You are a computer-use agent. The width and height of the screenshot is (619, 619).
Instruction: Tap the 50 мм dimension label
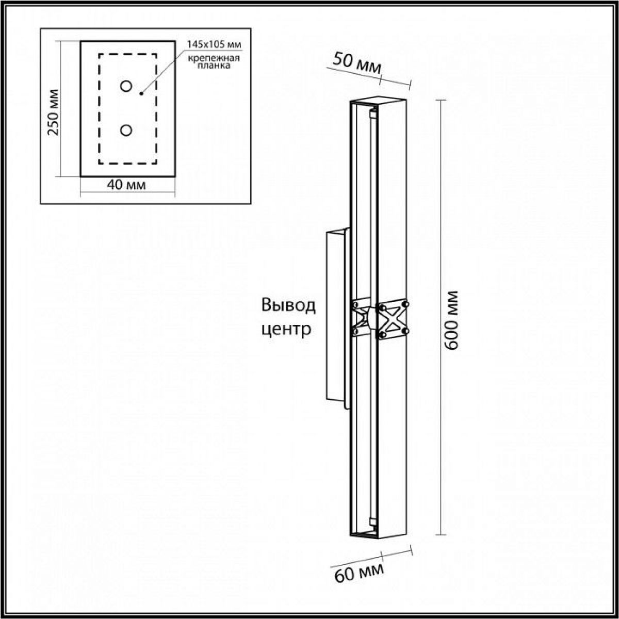click(356, 62)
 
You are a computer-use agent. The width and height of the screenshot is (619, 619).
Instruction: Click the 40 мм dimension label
click(126, 185)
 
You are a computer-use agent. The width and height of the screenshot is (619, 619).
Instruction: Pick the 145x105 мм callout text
click(214, 44)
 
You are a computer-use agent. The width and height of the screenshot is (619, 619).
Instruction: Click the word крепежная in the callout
click(214, 58)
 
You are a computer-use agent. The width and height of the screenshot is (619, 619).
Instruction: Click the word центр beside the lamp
click(286, 330)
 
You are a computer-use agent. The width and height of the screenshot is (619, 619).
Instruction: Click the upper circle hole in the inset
click(126, 86)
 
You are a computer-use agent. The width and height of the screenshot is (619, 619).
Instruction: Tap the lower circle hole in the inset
click(126, 131)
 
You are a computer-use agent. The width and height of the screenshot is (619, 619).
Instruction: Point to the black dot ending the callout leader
click(141, 93)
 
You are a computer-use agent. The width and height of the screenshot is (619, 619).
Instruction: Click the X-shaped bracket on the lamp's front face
click(393, 319)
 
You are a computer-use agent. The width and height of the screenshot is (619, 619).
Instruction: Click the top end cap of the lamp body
click(379, 101)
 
